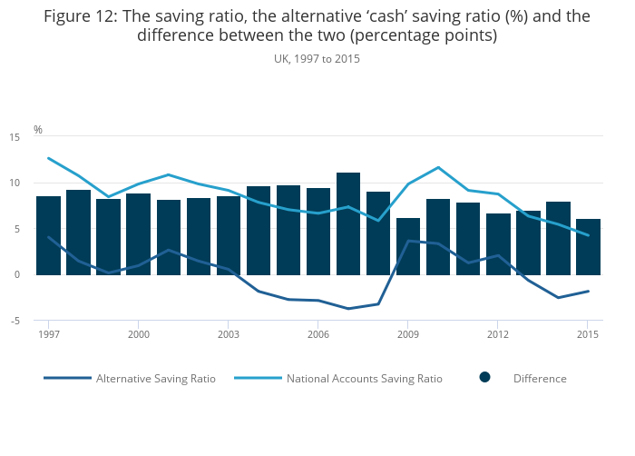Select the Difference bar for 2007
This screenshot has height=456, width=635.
[348, 223]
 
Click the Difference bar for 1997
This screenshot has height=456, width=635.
[49, 235]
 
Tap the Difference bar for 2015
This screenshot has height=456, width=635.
[588, 246]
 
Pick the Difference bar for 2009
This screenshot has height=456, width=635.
[408, 246]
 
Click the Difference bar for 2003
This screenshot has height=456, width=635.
[229, 235]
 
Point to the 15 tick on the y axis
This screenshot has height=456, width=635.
[15, 137]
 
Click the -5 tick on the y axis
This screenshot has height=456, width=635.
[15, 321]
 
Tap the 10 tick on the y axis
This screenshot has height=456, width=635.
[15, 183]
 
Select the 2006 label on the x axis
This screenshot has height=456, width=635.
[318, 334]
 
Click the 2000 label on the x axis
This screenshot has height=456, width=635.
[139, 334]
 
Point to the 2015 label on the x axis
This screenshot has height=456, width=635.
[588, 334]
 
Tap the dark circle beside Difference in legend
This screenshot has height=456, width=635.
[485, 378]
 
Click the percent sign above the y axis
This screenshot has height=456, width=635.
[38, 130]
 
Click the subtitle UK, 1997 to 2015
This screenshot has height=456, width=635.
[317, 58]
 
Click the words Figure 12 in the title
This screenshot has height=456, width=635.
[83, 15]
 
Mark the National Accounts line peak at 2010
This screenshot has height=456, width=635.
[438, 167]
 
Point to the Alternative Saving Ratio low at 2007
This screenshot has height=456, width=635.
[348, 309]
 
